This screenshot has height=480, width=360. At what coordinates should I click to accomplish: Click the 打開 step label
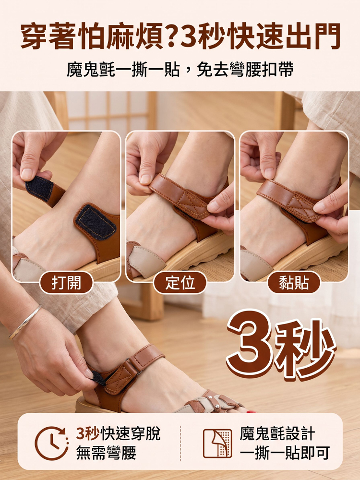pos(66,282)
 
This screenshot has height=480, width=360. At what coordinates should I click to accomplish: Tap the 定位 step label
pos(180,282)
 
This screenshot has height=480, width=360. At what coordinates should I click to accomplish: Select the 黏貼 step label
pos(294,282)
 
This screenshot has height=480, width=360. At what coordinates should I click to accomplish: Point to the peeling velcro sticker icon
pos(217,443)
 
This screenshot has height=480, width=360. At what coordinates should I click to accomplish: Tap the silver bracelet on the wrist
pos(25,322)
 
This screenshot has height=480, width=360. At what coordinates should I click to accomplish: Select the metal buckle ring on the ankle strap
pos(133,365)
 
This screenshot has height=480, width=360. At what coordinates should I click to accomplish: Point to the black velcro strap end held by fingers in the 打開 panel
pos(39,188)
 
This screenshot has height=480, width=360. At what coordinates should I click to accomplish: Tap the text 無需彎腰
pos(106,453)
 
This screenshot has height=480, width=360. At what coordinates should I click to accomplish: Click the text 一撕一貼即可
pos(285,453)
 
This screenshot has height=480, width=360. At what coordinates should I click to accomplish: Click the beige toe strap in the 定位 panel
pos(147,260)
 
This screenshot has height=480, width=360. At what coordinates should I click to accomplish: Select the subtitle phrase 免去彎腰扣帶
pos(245,70)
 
